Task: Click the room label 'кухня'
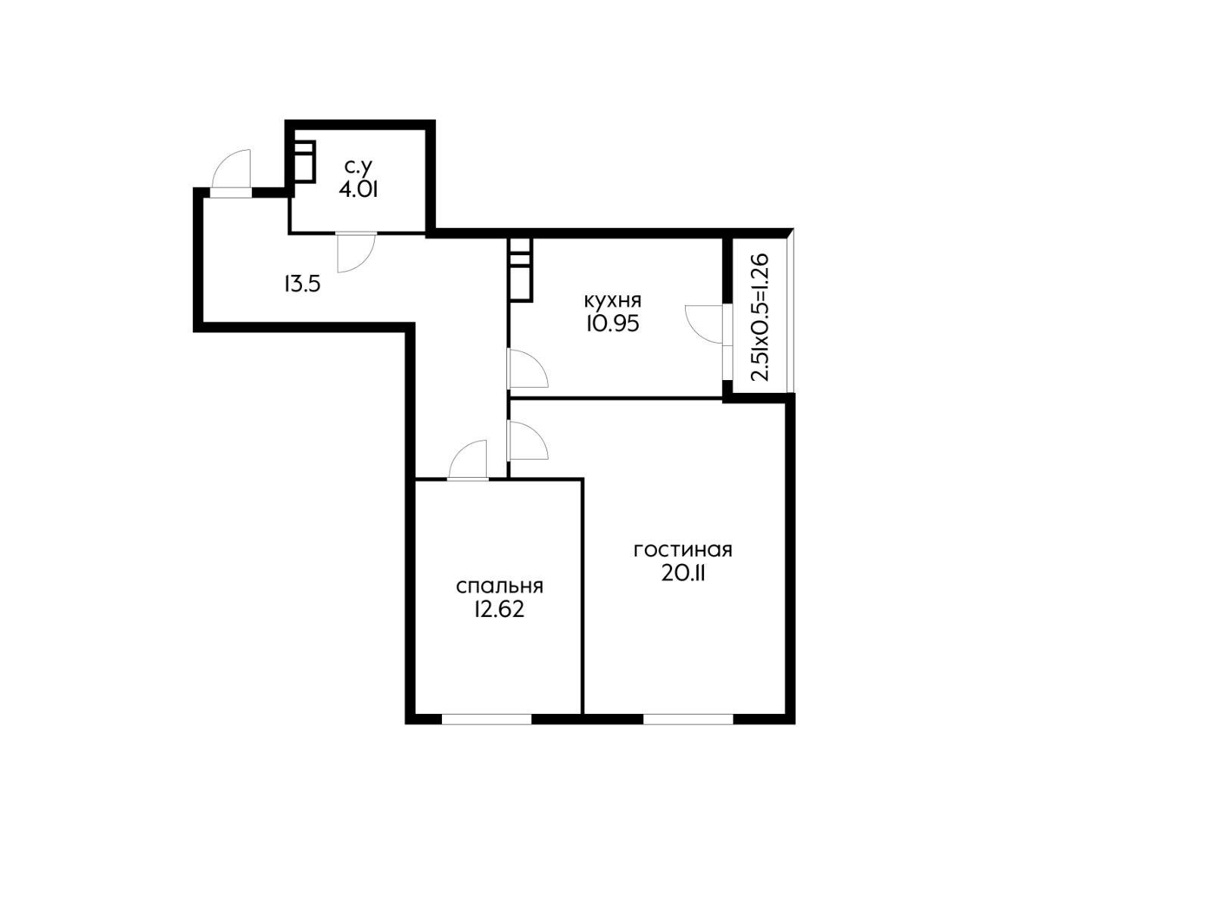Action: (x=612, y=298)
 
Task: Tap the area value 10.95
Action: (x=612, y=323)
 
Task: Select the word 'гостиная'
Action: (x=683, y=550)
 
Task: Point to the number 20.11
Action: (x=683, y=574)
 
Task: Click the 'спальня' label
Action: (x=500, y=586)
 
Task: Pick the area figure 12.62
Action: (x=499, y=609)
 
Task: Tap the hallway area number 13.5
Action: (x=303, y=285)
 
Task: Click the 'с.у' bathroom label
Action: (x=358, y=165)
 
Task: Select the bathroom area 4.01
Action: (x=358, y=189)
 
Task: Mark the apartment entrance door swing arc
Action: (x=231, y=170)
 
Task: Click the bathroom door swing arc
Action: (x=356, y=252)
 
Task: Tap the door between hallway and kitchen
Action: (x=528, y=369)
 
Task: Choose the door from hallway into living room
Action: (x=528, y=441)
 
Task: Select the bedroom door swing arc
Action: (x=469, y=460)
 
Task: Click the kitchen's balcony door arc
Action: (x=704, y=324)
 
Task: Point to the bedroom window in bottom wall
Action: (x=487, y=719)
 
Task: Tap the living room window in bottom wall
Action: (x=688, y=719)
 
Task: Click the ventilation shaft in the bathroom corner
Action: (x=304, y=161)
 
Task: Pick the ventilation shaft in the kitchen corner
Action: (x=521, y=269)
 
